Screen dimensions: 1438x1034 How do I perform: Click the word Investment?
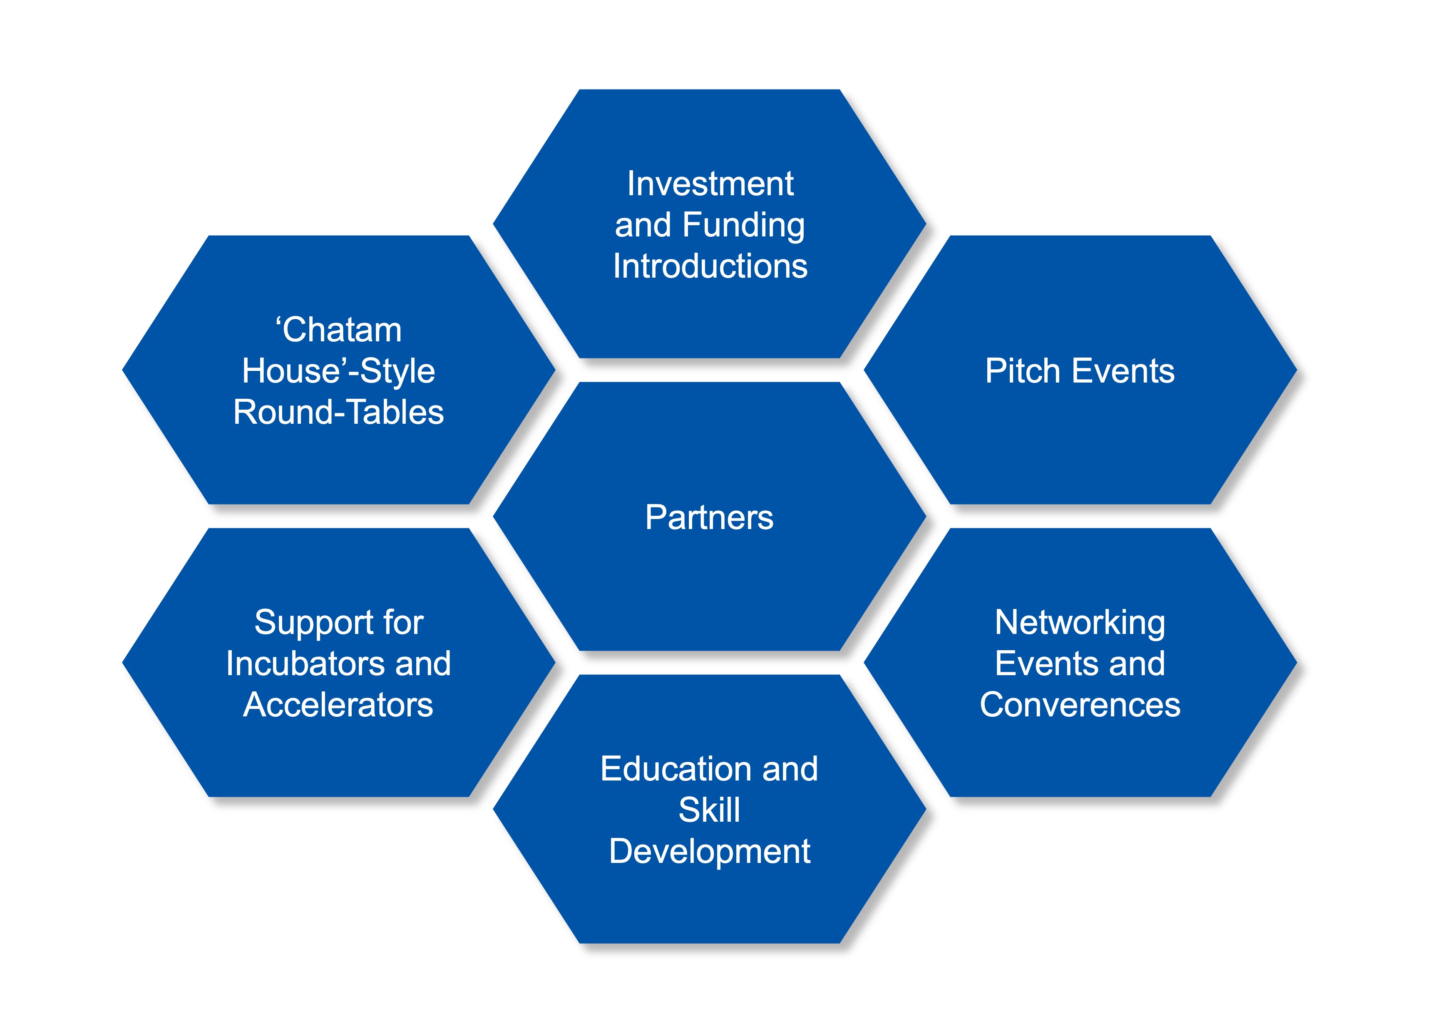[710, 184]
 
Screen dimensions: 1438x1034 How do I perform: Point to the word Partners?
[710, 517]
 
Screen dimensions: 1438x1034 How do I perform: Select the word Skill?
[710, 810]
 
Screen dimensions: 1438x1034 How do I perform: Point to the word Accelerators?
[338, 705]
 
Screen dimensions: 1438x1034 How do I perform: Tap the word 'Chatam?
[338, 330]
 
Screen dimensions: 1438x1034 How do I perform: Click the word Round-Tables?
[338, 413]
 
